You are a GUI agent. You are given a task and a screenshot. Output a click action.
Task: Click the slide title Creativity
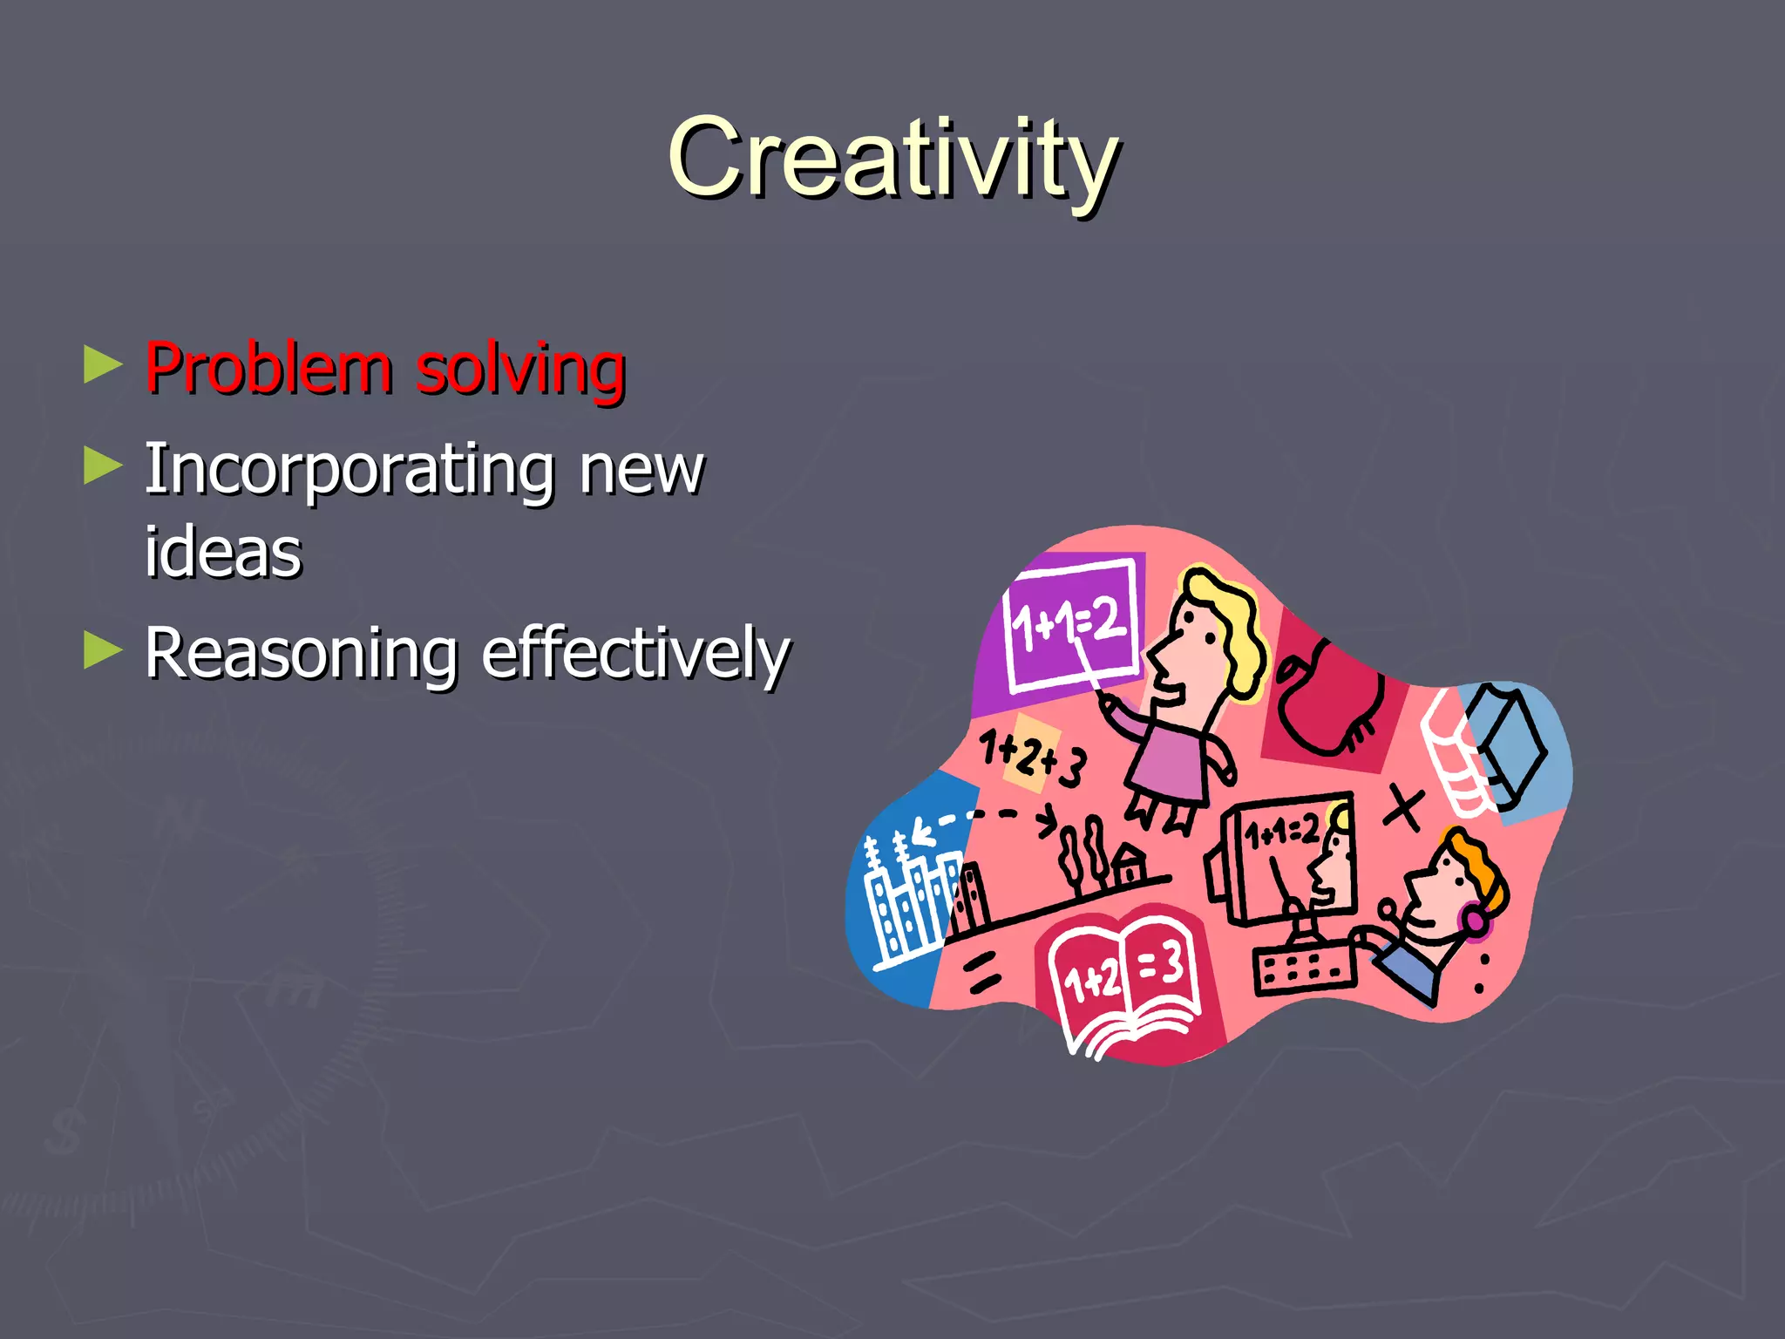coord(892,159)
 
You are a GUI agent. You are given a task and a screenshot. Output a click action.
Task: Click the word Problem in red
coord(268,370)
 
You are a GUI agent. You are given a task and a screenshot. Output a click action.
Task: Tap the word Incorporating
coord(350,472)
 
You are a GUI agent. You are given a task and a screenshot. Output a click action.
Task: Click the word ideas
coord(223,553)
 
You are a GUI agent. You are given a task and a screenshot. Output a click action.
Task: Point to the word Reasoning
coord(301,655)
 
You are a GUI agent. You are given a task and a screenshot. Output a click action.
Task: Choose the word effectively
coord(635,653)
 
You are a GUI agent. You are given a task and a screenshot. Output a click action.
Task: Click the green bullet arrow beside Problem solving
coord(103,365)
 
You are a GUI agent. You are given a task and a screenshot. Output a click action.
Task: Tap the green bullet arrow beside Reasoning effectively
coord(103,650)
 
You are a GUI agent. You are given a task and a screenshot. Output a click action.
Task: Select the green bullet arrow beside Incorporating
coord(103,466)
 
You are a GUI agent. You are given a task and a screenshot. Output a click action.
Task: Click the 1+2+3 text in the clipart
coord(1032,758)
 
